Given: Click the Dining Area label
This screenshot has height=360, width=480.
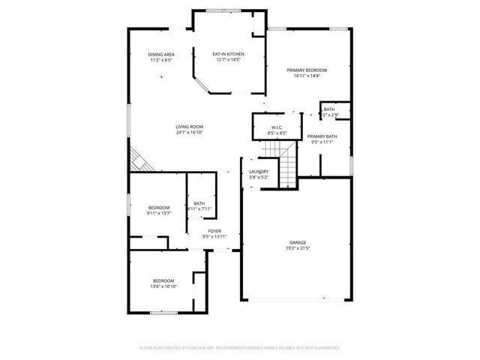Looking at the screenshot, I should click(161, 55).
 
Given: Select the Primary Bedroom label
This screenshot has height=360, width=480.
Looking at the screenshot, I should click(307, 70).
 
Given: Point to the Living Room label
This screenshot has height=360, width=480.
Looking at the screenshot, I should click(190, 127).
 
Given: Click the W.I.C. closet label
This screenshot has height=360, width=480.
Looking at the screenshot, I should click(277, 127).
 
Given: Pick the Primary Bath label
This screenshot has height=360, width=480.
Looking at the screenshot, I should click(322, 136).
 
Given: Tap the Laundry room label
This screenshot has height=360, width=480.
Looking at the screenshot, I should click(259, 172).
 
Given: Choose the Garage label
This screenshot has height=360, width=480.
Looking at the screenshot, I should click(298, 242).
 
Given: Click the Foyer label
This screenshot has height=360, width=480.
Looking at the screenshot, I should click(214, 231).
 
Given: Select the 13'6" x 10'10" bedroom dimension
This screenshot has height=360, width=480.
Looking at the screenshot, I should click(163, 286).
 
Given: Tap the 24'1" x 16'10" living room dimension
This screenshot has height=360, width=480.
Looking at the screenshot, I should click(190, 133).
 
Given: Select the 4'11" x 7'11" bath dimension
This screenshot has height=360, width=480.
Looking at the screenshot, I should click(199, 208).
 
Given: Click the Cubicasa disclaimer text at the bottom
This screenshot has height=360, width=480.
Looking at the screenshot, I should click(240, 348).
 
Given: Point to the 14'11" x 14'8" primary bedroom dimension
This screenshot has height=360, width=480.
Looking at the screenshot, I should click(307, 76).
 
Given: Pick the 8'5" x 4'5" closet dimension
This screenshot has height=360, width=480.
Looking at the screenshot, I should click(277, 133).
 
